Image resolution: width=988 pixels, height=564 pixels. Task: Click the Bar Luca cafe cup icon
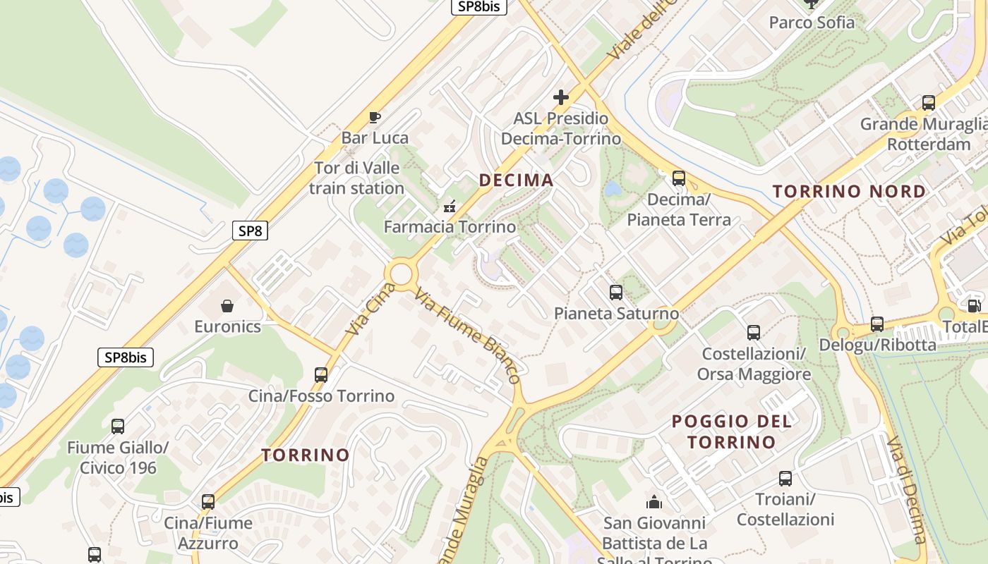(375, 117)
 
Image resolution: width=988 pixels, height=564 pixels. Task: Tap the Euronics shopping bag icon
(227, 306)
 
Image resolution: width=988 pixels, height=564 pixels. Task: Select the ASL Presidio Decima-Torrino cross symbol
(561, 97)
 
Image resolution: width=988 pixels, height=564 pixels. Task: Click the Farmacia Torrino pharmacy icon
(449, 207)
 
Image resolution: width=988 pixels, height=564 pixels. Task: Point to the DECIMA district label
(516, 180)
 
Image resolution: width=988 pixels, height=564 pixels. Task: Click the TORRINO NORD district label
(849, 192)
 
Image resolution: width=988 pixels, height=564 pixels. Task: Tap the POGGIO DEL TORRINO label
(731, 431)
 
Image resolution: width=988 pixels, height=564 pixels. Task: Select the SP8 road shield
(250, 230)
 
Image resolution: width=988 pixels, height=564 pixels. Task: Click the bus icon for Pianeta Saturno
(616, 292)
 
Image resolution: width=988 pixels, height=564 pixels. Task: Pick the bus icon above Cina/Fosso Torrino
(321, 374)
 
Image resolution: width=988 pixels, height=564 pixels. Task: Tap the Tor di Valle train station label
(356, 178)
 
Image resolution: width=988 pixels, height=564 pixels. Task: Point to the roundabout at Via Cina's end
(401, 274)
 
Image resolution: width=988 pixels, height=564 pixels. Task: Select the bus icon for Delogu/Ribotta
(877, 324)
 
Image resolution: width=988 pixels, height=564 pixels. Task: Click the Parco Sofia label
(812, 23)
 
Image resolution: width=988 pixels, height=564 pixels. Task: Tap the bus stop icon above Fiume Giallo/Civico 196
(118, 426)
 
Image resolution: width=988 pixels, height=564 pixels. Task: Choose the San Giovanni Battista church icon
(654, 502)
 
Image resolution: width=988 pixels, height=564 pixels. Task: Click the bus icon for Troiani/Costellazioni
(785, 479)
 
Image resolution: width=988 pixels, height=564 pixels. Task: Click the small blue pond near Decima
(613, 189)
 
